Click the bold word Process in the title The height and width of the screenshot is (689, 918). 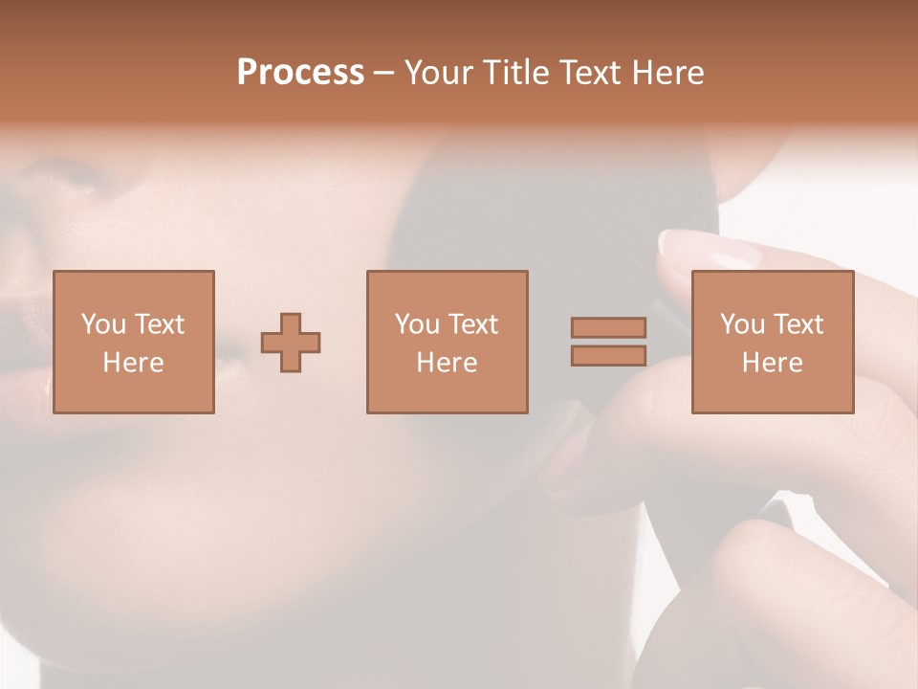[300, 72]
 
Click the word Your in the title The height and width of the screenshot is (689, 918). [439, 72]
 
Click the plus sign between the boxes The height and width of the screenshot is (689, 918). [291, 343]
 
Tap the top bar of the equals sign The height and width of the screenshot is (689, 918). [608, 327]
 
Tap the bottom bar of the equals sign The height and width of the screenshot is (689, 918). [608, 356]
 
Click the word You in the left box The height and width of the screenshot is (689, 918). [102, 324]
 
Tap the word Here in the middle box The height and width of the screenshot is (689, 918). [447, 363]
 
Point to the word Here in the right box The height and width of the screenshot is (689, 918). [772, 363]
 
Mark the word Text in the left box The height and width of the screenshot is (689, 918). [159, 324]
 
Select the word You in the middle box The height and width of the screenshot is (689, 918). [416, 324]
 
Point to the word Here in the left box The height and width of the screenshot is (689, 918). [133, 363]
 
